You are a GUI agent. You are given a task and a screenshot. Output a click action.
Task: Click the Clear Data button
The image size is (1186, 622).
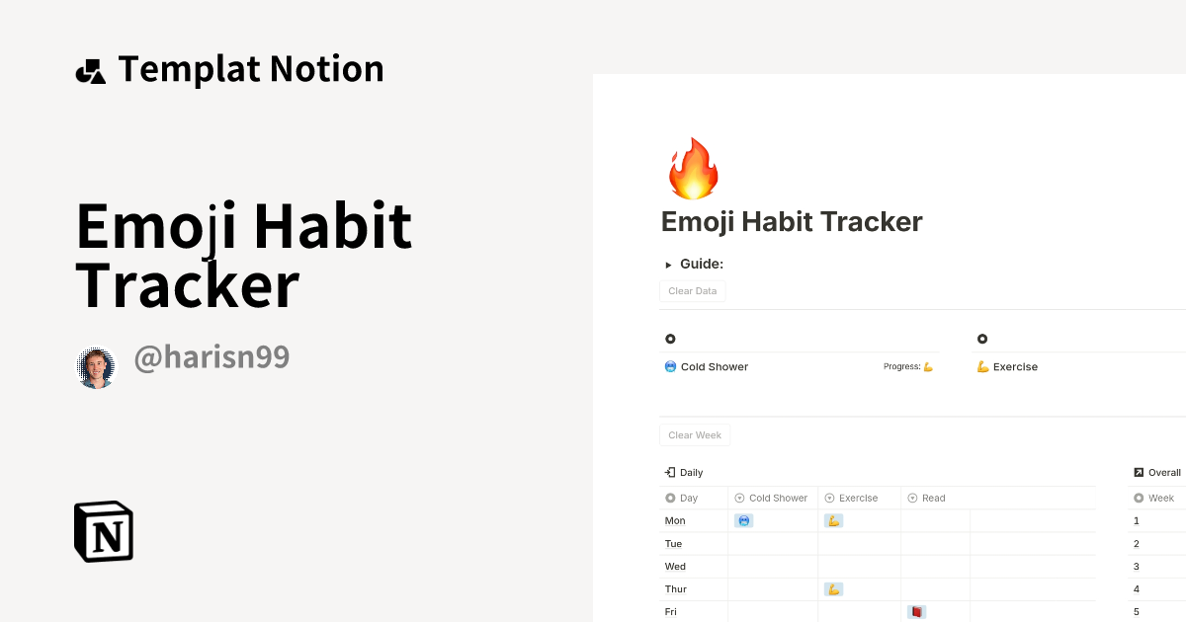point(692,291)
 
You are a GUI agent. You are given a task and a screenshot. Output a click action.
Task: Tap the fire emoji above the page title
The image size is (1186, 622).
point(693,169)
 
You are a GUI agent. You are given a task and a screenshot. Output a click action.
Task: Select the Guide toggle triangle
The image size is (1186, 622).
point(668,265)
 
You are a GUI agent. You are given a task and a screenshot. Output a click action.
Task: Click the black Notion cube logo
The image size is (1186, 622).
point(104,531)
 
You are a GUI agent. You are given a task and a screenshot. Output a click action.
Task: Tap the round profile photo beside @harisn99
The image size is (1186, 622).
point(97,367)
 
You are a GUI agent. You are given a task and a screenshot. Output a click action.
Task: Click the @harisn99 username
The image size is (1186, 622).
point(212,357)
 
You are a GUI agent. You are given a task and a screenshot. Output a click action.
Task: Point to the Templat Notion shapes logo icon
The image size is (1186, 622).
point(90,71)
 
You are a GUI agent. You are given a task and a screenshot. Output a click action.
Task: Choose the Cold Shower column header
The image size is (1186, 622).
point(778,499)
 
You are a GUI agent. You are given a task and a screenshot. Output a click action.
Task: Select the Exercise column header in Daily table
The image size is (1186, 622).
point(858,499)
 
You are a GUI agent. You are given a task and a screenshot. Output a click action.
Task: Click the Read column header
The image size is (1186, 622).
point(933,499)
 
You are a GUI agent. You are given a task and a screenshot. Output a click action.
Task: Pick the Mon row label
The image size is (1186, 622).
point(675,521)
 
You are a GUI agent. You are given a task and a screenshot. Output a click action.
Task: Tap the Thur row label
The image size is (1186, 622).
point(676,589)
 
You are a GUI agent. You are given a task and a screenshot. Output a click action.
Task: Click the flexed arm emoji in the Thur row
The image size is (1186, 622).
point(833,589)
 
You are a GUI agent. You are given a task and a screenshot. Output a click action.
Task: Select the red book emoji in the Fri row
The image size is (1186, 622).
point(916,612)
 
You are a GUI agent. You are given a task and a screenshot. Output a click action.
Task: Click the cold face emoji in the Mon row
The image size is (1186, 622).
point(743,521)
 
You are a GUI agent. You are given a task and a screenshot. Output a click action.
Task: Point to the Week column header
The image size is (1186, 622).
point(1160,499)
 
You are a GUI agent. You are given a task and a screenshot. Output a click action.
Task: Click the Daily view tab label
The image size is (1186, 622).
point(691,473)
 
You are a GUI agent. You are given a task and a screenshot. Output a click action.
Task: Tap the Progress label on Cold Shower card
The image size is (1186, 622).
point(901,367)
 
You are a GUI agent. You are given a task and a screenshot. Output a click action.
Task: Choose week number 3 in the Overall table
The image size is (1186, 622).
point(1137,567)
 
